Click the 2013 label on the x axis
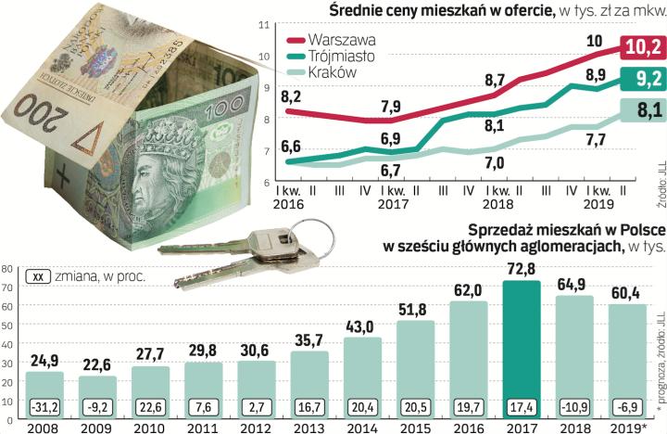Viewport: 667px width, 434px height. point(309,428)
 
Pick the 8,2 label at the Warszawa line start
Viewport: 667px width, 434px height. point(292,96)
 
